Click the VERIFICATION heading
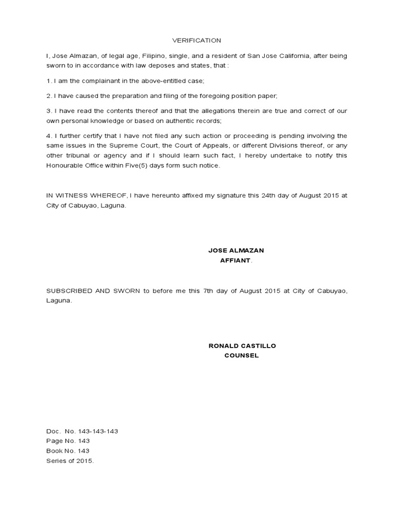click(x=196, y=41)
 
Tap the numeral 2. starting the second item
click(x=49, y=96)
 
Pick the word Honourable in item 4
click(x=67, y=166)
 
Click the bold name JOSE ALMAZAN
click(x=236, y=250)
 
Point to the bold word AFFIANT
click(x=235, y=260)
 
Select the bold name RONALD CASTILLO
click(x=242, y=346)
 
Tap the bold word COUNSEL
click(x=242, y=356)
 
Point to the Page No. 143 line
click(x=68, y=441)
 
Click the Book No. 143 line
click(x=68, y=451)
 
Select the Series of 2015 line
click(x=70, y=461)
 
